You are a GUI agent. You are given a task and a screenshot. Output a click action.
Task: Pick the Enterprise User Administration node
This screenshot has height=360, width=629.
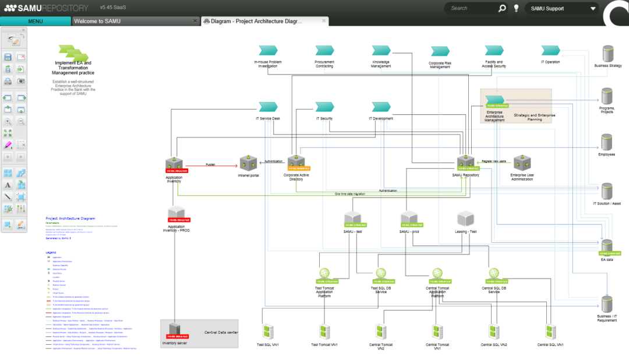tap(522, 163)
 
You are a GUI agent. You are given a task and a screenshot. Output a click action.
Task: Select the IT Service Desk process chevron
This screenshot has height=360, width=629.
tap(268, 107)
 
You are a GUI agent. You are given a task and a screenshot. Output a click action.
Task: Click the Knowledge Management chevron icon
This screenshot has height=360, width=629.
tap(381, 51)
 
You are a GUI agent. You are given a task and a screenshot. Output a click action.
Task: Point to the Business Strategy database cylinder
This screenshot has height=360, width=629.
tap(607, 54)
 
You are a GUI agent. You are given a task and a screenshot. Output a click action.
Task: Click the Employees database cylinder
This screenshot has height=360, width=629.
tap(607, 142)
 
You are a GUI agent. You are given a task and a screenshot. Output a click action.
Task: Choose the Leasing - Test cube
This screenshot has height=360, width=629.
tap(466, 219)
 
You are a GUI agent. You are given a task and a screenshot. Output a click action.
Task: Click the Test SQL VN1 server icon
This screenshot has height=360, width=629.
tap(268, 332)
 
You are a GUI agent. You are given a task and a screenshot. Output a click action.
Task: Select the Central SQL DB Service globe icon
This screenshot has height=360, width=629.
tap(493, 273)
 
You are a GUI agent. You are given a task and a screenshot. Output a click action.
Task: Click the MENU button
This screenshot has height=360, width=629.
tap(35, 22)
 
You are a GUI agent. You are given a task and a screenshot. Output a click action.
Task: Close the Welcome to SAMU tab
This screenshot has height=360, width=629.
tap(195, 21)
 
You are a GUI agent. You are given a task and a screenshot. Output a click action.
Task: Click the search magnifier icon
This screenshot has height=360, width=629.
tap(502, 8)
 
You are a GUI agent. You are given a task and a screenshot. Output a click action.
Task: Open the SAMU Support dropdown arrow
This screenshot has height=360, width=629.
tap(593, 8)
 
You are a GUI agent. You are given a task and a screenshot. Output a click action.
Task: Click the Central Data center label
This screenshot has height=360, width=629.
tap(221, 333)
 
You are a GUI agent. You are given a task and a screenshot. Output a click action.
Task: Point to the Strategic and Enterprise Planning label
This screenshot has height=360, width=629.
tap(535, 117)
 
